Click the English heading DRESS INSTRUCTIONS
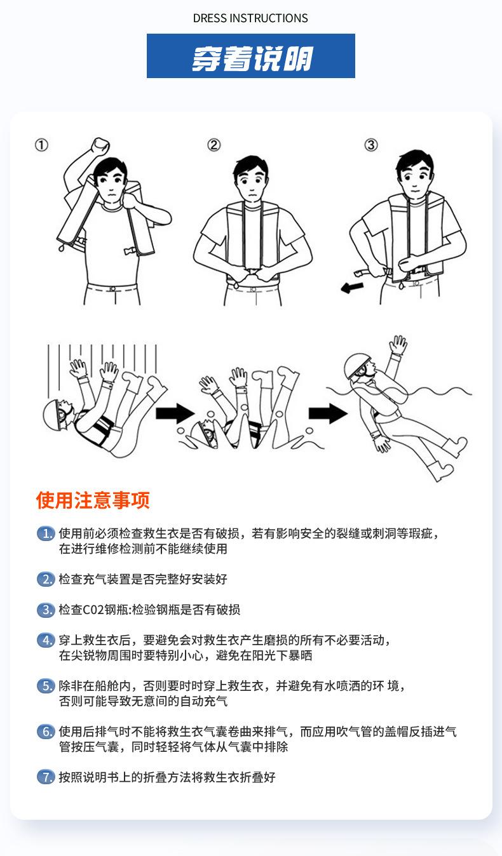pyautogui.click(x=250, y=18)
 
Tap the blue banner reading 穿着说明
pyautogui.click(x=251, y=56)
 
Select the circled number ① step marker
pyautogui.click(x=42, y=145)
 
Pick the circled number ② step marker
pyautogui.click(x=214, y=145)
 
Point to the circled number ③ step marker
pyautogui.click(x=371, y=145)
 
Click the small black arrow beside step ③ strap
pyautogui.click(x=352, y=288)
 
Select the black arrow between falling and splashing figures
pyautogui.click(x=175, y=413)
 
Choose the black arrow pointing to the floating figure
pyautogui.click(x=328, y=413)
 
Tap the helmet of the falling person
pyautogui.click(x=52, y=415)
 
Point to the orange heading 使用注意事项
pyautogui.click(x=93, y=500)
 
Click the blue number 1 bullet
pyautogui.click(x=46, y=533)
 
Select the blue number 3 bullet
pyautogui.click(x=46, y=610)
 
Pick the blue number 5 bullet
pyautogui.click(x=46, y=686)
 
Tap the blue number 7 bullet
pyautogui.click(x=46, y=777)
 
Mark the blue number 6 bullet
pyautogui.click(x=46, y=732)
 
